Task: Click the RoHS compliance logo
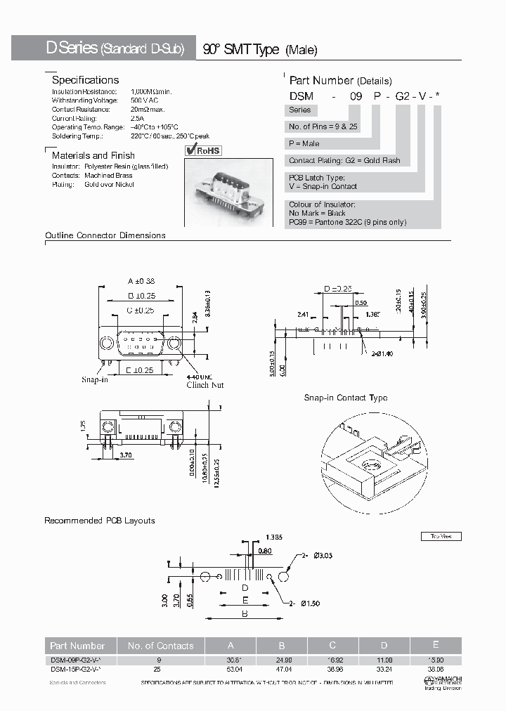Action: click(x=202, y=150)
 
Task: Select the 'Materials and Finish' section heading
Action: click(x=93, y=155)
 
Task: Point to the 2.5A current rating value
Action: click(x=136, y=118)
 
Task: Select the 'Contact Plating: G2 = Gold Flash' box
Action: click(x=344, y=161)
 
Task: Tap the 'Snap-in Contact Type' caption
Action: click(x=345, y=398)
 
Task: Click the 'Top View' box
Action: click(x=441, y=536)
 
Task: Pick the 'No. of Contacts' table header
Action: click(x=160, y=646)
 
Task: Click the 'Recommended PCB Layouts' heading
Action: click(x=100, y=521)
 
